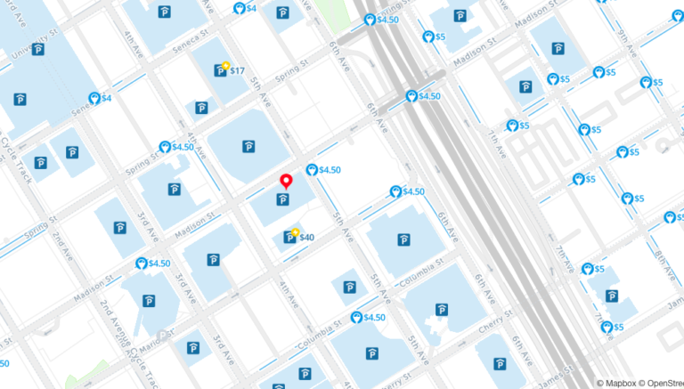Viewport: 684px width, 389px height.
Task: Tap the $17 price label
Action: (238, 70)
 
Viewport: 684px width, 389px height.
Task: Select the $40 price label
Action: (306, 237)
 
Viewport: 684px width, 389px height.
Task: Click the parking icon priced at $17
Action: (220, 70)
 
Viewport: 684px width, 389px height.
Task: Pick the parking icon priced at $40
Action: (289, 237)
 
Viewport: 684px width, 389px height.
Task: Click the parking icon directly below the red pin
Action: (284, 199)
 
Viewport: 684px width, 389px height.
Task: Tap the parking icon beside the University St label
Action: (38, 49)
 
